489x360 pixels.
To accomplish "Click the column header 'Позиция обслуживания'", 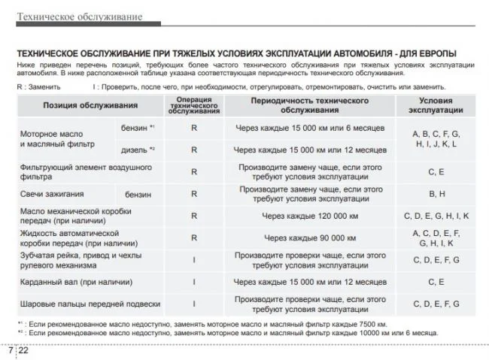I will pos(90,105).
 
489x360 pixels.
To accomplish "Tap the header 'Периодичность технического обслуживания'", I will pos(309,105).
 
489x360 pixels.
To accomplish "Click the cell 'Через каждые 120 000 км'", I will pos(309,216).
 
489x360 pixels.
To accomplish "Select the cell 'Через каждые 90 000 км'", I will pos(309,238).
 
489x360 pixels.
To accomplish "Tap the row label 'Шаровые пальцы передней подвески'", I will pos(90,304).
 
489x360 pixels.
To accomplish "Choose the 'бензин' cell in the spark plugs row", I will pos(138,195).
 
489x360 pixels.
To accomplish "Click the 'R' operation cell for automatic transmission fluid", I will pos(194,238).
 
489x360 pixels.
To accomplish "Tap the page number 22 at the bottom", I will pos(23,350).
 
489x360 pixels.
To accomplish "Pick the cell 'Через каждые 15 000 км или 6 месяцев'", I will pos(309,129).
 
